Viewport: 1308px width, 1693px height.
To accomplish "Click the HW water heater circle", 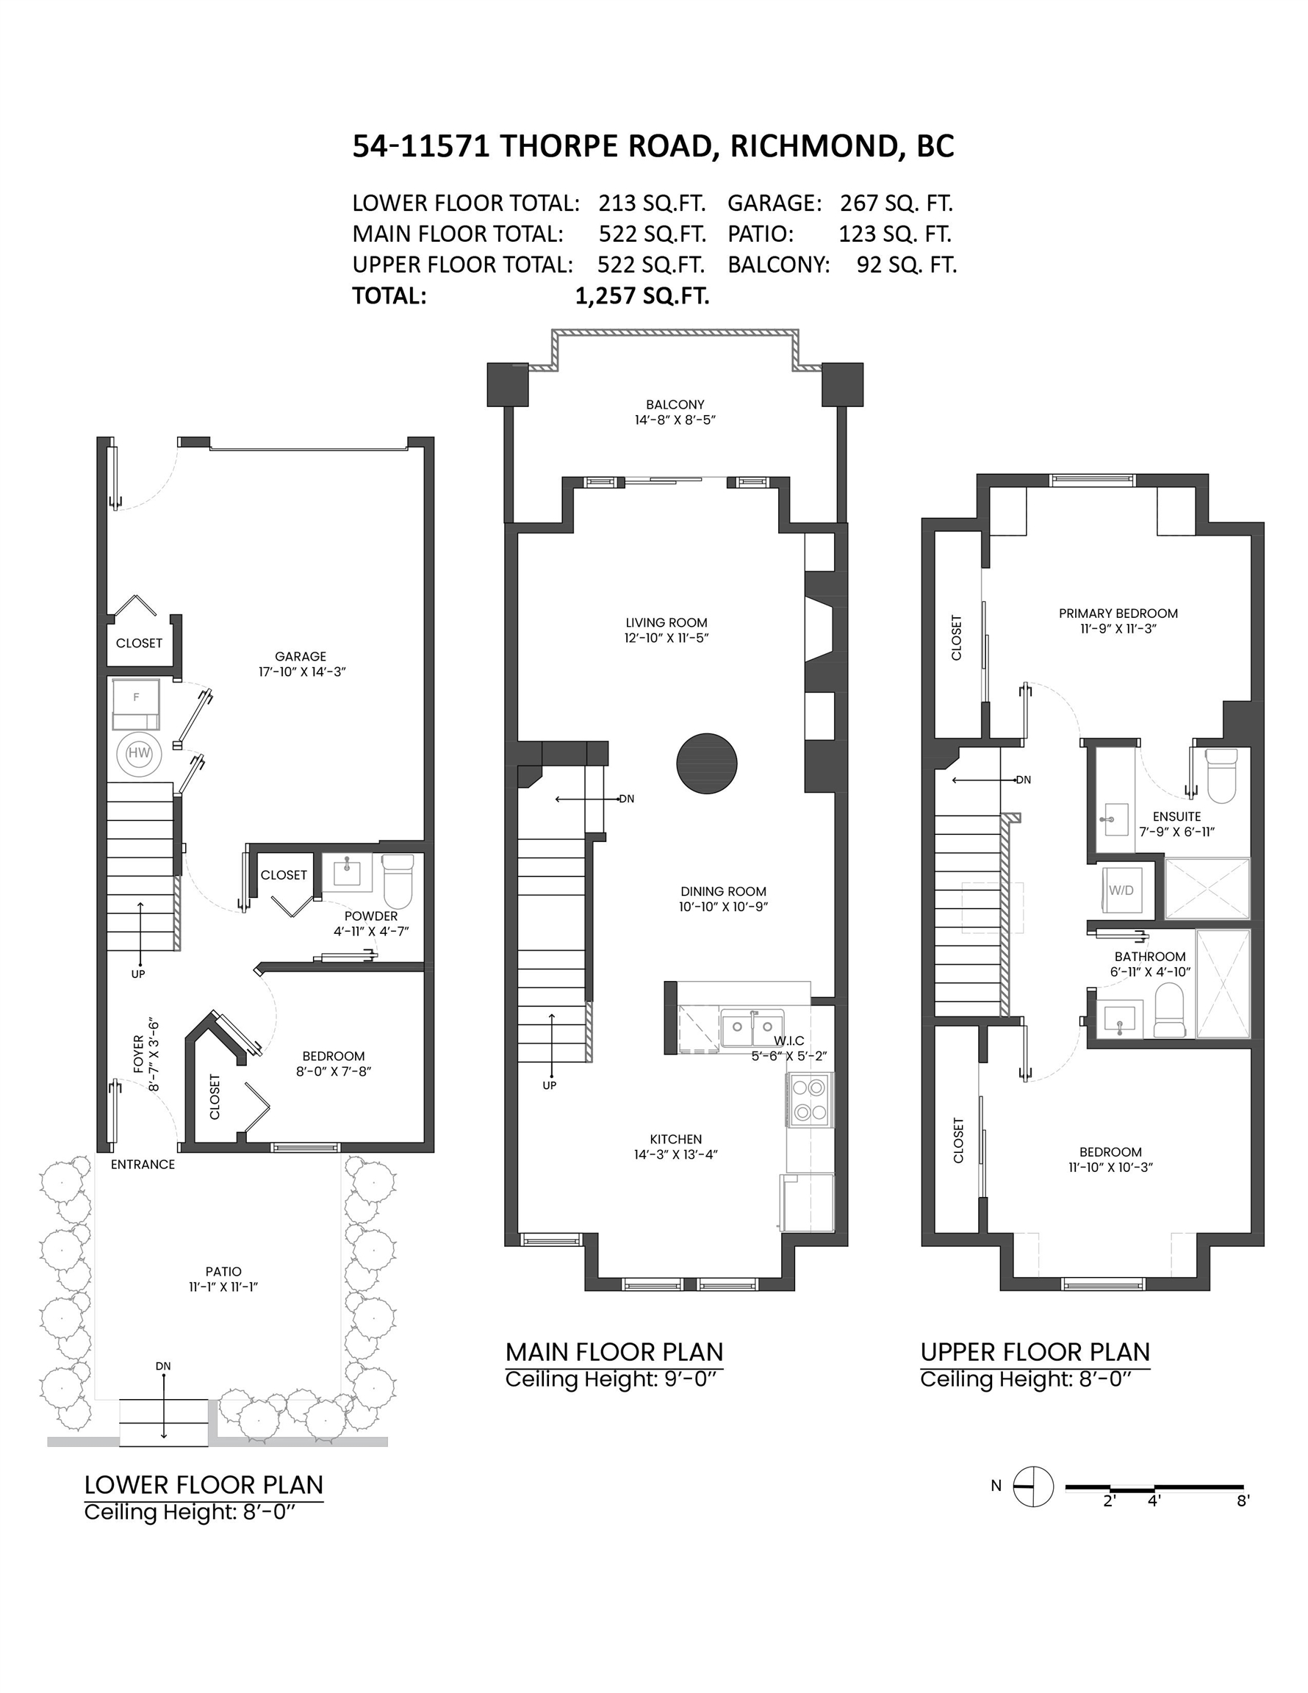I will click(139, 752).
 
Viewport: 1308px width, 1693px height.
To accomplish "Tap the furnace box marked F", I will click(137, 704).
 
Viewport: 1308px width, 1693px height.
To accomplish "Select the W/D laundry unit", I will click(1121, 891).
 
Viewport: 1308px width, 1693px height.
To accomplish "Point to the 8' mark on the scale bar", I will click(1243, 1500).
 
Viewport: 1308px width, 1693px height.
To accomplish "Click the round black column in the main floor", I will click(706, 764).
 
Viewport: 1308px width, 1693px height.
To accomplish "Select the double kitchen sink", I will click(751, 1027).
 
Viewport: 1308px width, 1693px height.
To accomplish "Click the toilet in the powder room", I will click(398, 880).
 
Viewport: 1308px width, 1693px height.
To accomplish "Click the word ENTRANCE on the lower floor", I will click(143, 1165).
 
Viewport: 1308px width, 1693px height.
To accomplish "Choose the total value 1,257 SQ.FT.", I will click(642, 296).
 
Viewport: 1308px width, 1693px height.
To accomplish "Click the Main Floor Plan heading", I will click(614, 1352).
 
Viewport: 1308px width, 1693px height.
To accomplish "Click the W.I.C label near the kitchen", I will click(788, 1040).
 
